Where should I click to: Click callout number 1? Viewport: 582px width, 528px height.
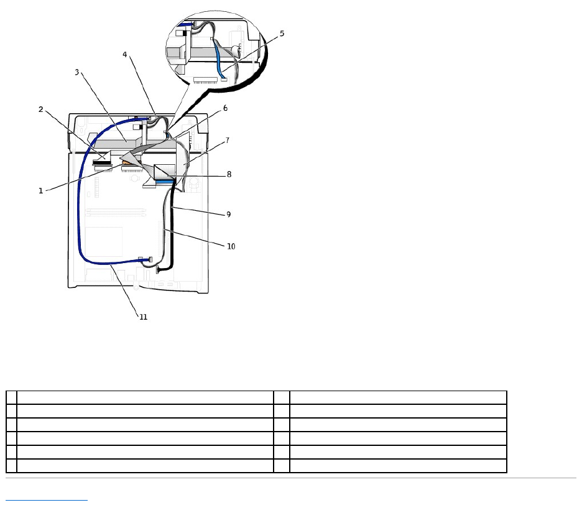[x=41, y=191]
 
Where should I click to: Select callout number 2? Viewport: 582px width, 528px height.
[x=41, y=109]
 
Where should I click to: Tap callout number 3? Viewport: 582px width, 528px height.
[x=77, y=72]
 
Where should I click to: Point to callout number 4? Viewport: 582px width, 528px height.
[x=125, y=55]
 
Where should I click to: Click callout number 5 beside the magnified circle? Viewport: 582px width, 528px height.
[x=282, y=34]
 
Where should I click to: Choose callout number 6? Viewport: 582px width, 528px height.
[x=225, y=108]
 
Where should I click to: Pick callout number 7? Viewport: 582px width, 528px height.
[x=227, y=141]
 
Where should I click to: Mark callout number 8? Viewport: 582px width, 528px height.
[x=229, y=174]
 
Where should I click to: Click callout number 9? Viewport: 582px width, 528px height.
[x=228, y=214]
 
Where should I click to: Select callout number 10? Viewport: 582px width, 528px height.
[x=231, y=246]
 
